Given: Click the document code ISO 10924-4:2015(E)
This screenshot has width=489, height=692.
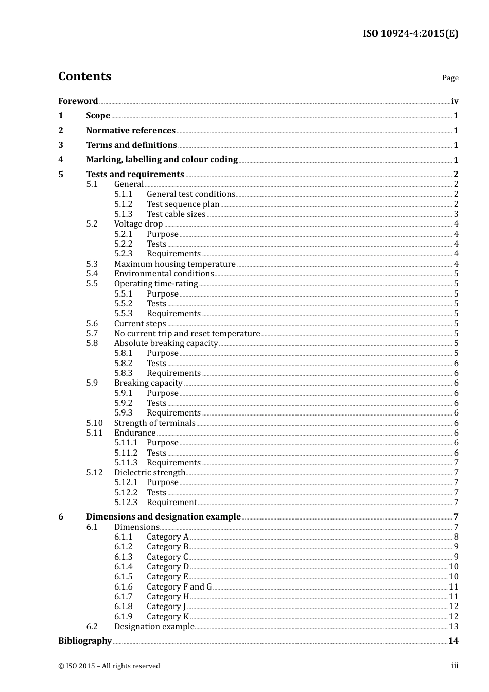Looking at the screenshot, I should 410,34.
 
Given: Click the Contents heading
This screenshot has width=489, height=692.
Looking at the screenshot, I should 84,76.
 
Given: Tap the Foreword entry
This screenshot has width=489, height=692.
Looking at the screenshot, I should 78,101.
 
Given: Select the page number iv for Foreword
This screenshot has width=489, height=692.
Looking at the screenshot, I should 455,101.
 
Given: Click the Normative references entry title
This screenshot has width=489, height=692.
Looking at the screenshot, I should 131,131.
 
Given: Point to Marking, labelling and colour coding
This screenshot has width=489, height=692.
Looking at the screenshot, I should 162,160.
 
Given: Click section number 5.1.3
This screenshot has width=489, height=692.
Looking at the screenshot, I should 123,214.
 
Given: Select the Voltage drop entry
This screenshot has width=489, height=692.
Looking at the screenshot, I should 138,224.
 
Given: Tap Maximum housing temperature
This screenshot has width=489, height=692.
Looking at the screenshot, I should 174,264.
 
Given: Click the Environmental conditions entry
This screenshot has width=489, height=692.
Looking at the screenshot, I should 164,274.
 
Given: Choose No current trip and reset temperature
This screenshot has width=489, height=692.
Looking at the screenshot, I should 187,334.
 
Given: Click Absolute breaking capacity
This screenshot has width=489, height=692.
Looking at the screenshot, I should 166,343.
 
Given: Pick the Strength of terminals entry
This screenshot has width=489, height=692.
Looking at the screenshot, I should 154,423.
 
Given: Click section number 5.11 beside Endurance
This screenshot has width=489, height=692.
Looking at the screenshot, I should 94,433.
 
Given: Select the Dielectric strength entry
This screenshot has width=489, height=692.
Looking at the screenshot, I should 149,473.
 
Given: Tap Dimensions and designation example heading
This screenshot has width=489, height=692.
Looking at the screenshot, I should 163,517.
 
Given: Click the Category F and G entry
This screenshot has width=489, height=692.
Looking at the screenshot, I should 179,587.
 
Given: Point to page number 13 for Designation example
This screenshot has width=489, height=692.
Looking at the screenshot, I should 453,627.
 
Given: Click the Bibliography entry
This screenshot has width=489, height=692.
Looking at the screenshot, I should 84,641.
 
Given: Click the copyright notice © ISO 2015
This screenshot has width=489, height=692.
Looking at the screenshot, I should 109,666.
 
